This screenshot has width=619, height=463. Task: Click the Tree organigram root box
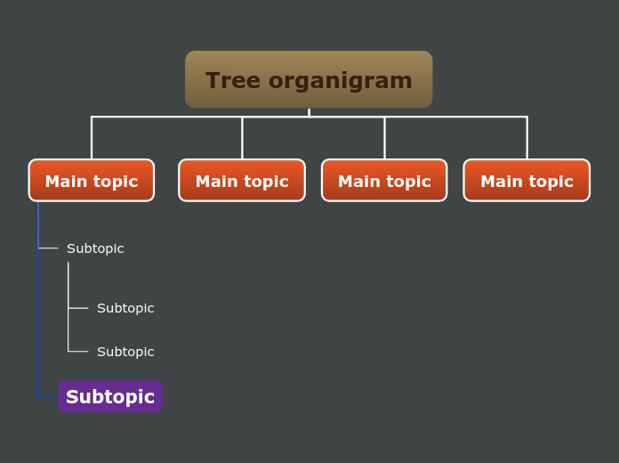click(309, 79)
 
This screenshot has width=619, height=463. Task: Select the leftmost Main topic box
click(91, 181)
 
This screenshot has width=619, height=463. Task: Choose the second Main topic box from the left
click(242, 181)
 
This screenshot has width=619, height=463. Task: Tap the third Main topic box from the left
click(384, 181)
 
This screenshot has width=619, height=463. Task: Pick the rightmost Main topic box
click(527, 181)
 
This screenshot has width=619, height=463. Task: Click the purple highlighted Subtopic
click(110, 397)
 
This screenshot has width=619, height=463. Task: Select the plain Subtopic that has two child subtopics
click(95, 248)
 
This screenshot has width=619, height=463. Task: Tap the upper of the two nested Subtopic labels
click(125, 308)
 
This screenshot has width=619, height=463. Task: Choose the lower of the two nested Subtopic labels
click(125, 352)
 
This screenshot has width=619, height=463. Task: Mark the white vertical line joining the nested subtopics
click(68, 294)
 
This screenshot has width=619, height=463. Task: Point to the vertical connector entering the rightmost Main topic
click(527, 138)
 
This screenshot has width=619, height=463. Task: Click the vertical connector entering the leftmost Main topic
click(92, 138)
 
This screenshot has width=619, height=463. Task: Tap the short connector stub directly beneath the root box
click(309, 112)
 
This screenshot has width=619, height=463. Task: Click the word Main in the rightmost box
click(502, 182)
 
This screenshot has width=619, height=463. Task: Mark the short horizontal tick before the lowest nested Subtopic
click(78, 352)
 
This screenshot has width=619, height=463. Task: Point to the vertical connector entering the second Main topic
click(242, 138)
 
